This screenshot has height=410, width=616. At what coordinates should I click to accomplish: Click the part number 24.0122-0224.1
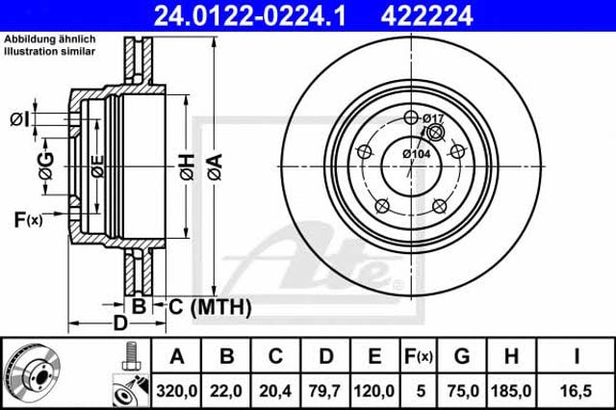pos(249,15)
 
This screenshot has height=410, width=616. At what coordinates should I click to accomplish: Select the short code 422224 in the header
pos(426,15)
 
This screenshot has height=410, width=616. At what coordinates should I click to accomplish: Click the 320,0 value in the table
pos(177,391)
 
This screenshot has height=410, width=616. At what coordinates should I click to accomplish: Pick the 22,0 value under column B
pos(226,391)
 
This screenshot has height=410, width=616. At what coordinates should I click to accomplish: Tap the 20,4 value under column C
pos(275,391)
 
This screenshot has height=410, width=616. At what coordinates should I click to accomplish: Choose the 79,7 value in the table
pos(325,391)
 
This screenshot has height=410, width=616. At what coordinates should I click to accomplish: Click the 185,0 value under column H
pos(511,391)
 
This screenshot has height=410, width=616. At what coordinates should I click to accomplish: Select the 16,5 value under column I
pos(576,391)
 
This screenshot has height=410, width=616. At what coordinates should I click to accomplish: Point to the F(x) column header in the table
pos(419,357)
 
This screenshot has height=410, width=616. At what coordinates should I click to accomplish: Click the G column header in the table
pos(462,357)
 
